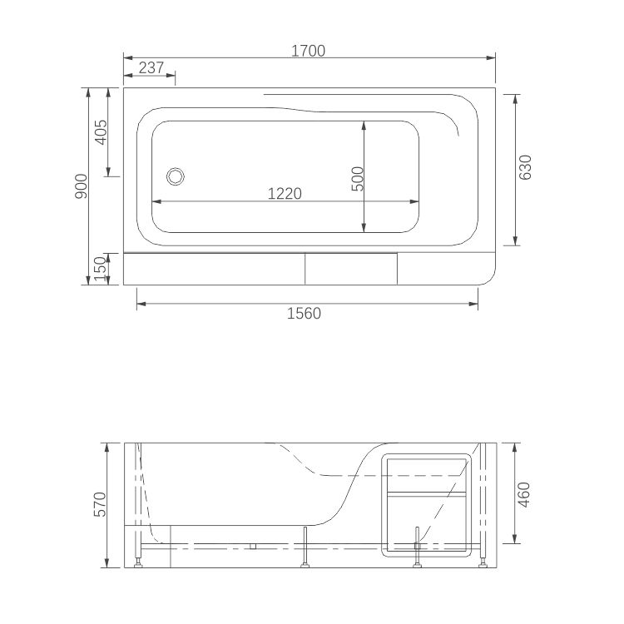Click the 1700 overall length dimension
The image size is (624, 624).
click(307, 50)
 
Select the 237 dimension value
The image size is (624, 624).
click(151, 68)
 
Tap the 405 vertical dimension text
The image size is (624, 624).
click(101, 132)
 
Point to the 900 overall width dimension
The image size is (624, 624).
click(81, 186)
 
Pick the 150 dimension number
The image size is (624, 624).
click(101, 269)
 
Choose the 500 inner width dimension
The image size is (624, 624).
click(357, 178)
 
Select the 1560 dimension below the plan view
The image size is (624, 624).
click(304, 314)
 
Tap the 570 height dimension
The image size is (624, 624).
click(100, 505)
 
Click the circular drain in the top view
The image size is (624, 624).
click(176, 176)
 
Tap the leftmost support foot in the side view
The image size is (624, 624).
click(137, 562)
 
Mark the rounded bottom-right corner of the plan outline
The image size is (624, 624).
click(487, 276)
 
